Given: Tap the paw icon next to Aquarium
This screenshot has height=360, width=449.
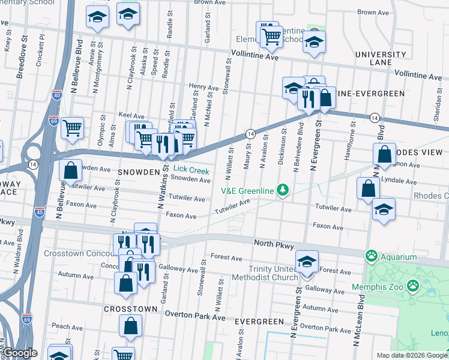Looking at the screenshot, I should (372, 256).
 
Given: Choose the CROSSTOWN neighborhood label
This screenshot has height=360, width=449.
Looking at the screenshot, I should (130, 308).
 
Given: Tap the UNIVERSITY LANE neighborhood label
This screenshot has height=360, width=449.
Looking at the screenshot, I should (381, 58).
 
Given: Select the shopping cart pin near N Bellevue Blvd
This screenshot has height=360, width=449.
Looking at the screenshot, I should (72, 127).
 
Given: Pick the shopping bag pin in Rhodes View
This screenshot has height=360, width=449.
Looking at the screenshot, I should (384, 155).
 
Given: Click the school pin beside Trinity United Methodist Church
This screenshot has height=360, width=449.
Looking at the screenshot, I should (307, 263).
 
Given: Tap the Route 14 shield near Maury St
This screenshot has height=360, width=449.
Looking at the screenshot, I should (251, 133).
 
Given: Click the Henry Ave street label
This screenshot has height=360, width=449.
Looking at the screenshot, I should (203, 87).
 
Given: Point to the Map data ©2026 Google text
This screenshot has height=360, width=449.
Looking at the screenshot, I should (411, 355).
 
